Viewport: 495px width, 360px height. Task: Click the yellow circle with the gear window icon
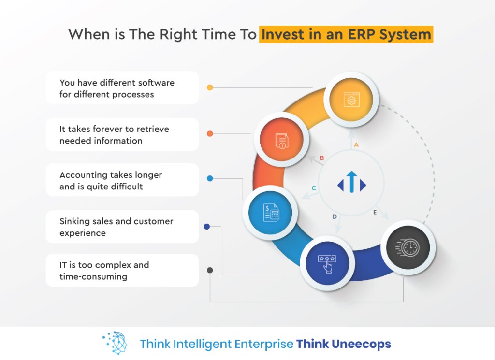pos(351,100)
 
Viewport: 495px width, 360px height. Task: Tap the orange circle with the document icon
pos(281,140)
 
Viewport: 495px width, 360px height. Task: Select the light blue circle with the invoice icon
pos(270,212)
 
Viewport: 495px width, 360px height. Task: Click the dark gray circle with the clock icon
pos(408,247)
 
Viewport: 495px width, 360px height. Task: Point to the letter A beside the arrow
pos(356,145)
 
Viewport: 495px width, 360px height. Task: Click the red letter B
pos(321,158)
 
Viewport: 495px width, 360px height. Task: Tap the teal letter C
pos(314,188)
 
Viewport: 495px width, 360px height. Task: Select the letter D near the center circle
pos(335,216)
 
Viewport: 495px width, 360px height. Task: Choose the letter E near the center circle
pos(375,212)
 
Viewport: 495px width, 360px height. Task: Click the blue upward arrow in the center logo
pos(352,182)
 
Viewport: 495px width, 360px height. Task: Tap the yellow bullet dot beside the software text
pos(210,87)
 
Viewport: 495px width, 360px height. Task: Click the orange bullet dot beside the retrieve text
pos(210,133)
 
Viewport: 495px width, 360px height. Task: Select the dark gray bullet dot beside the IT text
pos(210,270)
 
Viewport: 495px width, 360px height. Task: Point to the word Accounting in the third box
pos(85,175)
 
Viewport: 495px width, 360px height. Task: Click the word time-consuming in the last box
pos(93,277)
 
